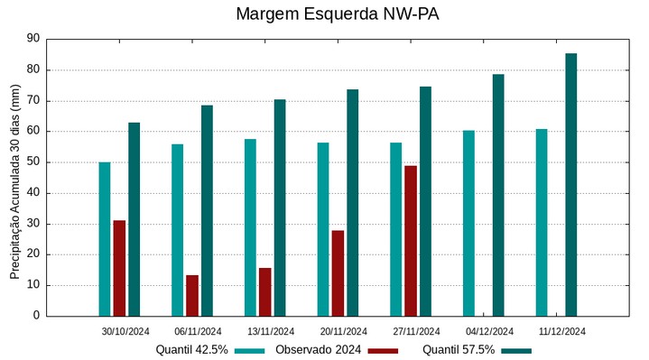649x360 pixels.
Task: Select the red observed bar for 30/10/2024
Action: (x=119, y=268)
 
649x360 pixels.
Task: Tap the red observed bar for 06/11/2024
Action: (x=192, y=295)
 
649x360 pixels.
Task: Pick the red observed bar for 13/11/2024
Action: (x=264, y=291)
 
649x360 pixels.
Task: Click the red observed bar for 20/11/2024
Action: (x=338, y=272)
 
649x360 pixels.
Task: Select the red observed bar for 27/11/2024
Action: (x=411, y=241)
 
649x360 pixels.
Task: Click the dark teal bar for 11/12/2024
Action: (x=570, y=185)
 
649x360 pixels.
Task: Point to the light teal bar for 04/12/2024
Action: (x=468, y=223)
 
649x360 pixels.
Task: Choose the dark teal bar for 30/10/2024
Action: (x=134, y=219)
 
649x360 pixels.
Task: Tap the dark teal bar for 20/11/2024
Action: (x=352, y=202)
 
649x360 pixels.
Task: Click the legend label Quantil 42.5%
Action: (x=191, y=349)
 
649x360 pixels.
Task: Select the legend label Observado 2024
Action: (x=319, y=349)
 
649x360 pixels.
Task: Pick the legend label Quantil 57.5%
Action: (x=459, y=349)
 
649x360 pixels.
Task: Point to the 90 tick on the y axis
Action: (x=33, y=39)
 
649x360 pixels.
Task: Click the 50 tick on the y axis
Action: (x=33, y=162)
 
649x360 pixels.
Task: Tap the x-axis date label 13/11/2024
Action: (x=271, y=331)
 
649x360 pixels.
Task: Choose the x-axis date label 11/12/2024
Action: (x=561, y=331)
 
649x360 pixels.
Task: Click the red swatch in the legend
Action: (x=383, y=350)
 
